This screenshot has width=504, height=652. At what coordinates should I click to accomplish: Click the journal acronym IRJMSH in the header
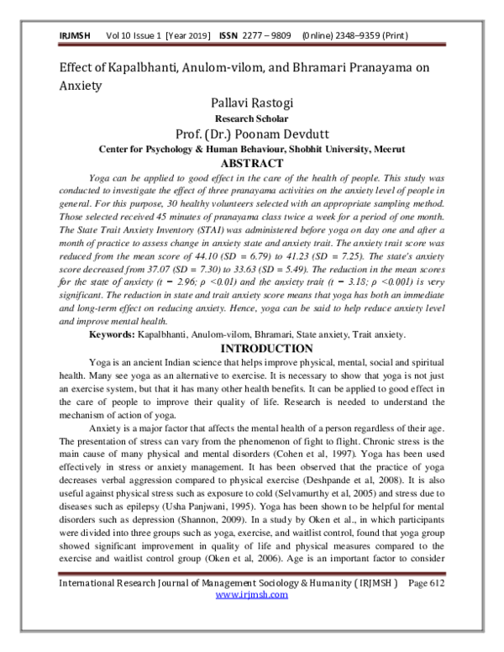[74, 37]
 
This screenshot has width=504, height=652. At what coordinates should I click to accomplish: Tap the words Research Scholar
[251, 119]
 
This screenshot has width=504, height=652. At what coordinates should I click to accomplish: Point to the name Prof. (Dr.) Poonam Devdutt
[251, 134]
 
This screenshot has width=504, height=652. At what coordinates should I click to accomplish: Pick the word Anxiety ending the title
[81, 85]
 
